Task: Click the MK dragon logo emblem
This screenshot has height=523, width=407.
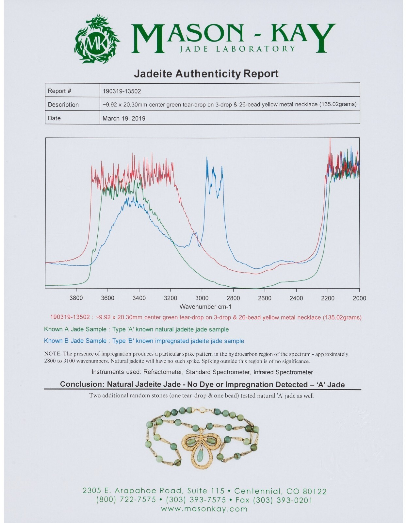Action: click(x=97, y=40)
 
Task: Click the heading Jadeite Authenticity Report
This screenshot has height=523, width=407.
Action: click(x=206, y=74)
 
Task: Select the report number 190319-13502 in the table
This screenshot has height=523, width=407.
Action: click(x=122, y=91)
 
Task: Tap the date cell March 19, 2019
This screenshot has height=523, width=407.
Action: click(x=124, y=118)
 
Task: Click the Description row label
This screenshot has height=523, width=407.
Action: click(x=63, y=105)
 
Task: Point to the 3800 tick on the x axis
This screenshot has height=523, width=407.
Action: click(x=76, y=298)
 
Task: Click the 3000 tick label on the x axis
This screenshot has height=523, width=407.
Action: click(x=202, y=298)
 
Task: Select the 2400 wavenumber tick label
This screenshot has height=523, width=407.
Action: click(x=296, y=298)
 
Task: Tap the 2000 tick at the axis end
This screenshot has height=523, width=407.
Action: click(x=359, y=298)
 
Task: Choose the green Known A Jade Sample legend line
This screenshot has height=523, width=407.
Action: click(x=136, y=329)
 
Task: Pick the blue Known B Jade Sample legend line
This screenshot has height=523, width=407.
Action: click(x=144, y=341)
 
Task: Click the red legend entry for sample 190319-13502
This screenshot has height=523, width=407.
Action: click(x=206, y=317)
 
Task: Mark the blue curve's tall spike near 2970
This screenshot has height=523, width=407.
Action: click(x=207, y=159)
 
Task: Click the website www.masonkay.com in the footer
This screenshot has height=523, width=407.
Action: click(x=204, y=509)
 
